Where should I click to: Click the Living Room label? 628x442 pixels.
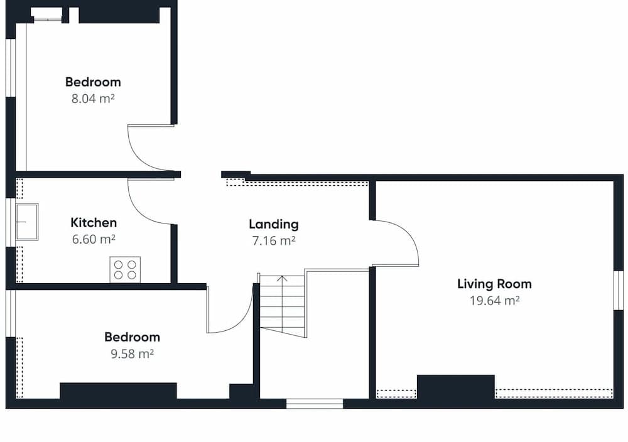[494, 284]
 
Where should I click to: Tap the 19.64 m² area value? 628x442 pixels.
[494, 300]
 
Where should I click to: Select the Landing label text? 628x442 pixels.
[273, 224]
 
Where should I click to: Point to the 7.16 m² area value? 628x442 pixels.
[273, 240]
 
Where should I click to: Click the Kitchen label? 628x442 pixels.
[94, 222]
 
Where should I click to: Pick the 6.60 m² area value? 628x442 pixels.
[94, 239]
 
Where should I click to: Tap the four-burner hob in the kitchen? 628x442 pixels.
[125, 269]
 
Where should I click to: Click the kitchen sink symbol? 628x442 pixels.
[27, 222]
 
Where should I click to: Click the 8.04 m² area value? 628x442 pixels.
[93, 98]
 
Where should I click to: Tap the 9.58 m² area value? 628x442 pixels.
[132, 353]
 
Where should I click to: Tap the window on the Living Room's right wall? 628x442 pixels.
[618, 290]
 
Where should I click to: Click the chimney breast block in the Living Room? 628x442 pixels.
[455, 387]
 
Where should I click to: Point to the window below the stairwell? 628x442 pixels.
[315, 403]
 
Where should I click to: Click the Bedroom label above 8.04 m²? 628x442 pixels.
[93, 82]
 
